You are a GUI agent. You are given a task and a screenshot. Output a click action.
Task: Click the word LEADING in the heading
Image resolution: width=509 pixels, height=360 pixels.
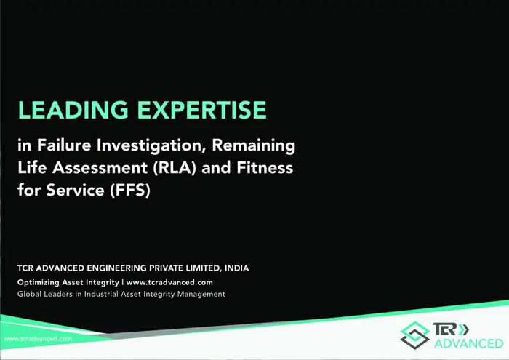(x=73, y=110)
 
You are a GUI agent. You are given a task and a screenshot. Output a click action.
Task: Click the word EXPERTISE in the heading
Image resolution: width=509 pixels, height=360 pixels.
(x=202, y=110)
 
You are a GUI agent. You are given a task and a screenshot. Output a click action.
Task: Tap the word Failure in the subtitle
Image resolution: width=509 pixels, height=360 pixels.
(x=64, y=145)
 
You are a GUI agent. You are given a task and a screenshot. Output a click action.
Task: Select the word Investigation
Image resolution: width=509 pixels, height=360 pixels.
(x=151, y=145)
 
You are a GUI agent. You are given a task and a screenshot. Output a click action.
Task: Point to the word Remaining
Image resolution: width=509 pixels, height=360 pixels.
(x=254, y=145)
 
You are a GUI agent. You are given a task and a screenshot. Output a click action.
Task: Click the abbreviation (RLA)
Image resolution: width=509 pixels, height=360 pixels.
(x=175, y=168)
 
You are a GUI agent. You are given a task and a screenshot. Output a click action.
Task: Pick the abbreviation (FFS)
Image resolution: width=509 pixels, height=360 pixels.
(x=130, y=191)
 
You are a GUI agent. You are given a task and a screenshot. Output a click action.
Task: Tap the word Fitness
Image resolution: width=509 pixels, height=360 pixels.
(x=265, y=167)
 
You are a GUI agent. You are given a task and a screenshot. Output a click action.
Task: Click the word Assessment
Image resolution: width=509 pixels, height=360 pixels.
(x=100, y=168)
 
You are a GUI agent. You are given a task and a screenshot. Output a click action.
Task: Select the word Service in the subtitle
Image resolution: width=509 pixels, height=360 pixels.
(x=75, y=190)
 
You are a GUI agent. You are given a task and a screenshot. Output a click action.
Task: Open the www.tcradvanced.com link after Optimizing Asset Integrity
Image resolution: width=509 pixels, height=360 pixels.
(x=169, y=282)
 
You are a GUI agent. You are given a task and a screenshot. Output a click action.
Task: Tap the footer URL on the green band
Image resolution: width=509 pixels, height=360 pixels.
(x=38, y=339)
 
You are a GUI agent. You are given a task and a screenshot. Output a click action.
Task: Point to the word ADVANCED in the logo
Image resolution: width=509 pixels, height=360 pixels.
(x=469, y=343)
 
